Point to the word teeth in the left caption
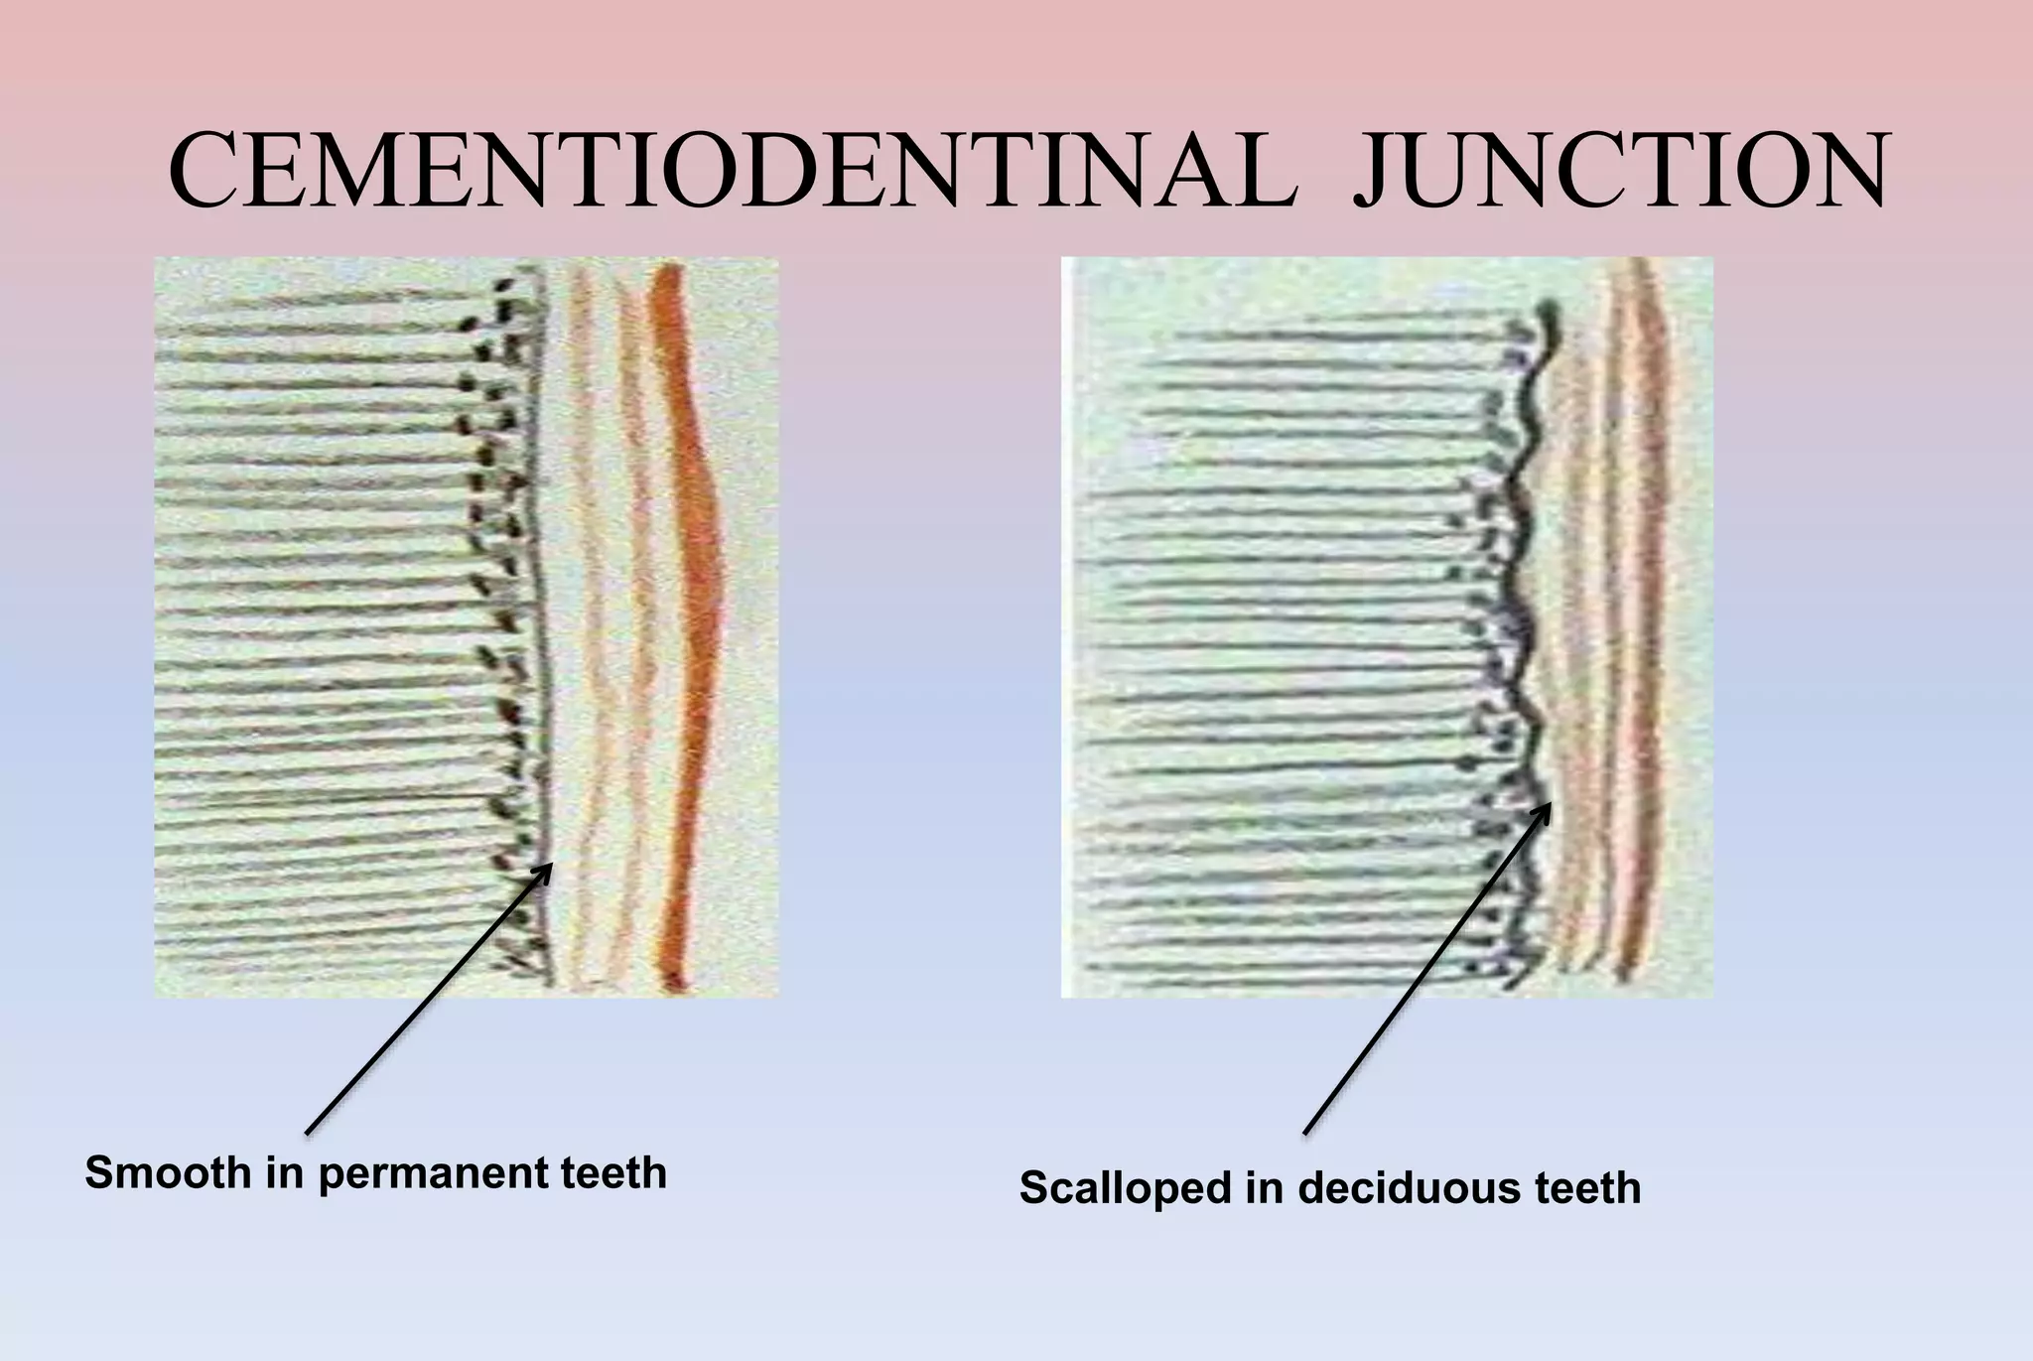[x=614, y=1173]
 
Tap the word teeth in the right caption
[x=1588, y=1188]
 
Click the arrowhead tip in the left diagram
[x=551, y=865]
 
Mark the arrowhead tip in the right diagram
[x=1550, y=803]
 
